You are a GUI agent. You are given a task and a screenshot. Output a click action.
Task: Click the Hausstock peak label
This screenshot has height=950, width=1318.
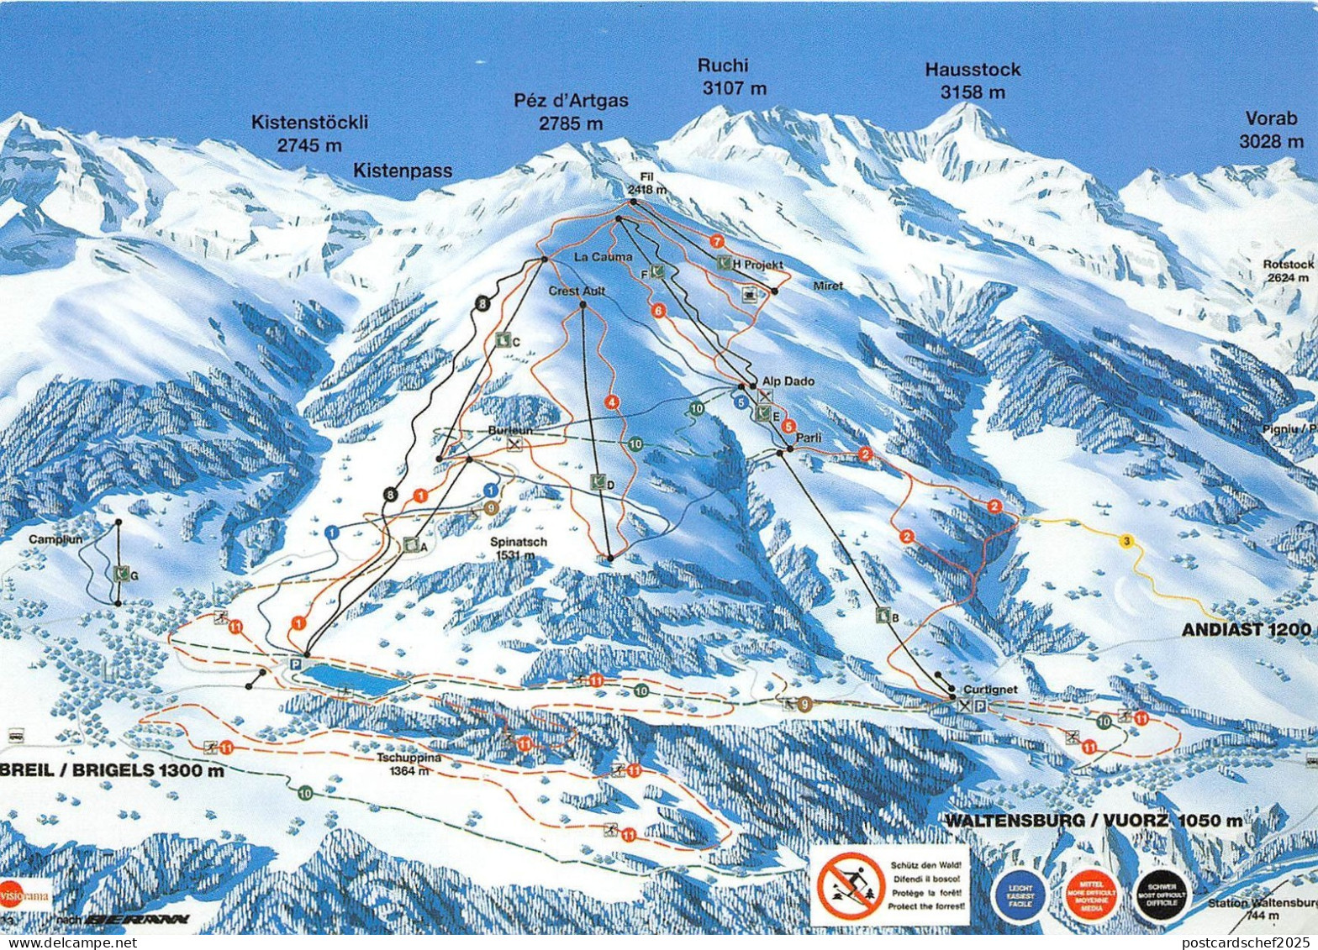(x=973, y=80)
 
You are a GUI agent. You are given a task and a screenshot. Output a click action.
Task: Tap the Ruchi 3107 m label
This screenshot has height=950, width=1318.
(x=723, y=76)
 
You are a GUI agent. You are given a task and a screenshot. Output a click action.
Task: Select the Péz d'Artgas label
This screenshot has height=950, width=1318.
(x=571, y=111)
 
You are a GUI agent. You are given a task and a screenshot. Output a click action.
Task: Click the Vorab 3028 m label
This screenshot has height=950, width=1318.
(x=1271, y=129)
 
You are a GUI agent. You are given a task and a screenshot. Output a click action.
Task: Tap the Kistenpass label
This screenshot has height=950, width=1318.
(x=402, y=171)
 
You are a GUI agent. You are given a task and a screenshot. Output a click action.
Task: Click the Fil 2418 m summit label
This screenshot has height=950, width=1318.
(x=646, y=184)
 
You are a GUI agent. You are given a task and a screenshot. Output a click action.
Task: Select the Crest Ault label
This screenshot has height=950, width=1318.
(x=577, y=291)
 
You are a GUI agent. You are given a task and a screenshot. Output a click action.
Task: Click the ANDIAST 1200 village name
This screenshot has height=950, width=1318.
(x=1246, y=629)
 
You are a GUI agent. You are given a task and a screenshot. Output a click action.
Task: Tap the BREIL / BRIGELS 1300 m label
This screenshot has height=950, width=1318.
(x=113, y=769)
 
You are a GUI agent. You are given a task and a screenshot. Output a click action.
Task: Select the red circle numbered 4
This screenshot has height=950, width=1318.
(x=611, y=402)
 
